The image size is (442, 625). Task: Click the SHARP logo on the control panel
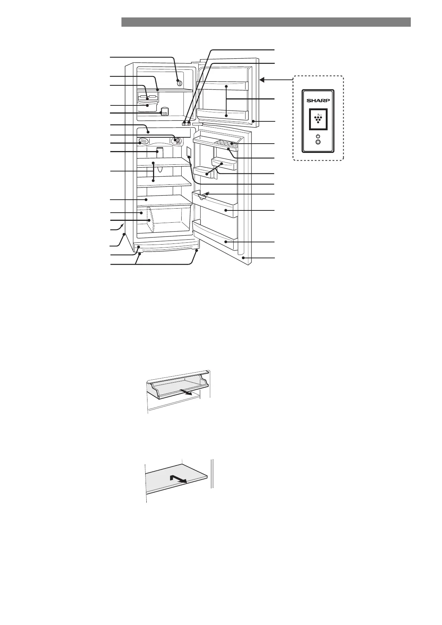(318, 100)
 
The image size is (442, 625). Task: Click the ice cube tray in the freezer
(148, 98)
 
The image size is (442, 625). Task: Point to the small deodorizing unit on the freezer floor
(165, 111)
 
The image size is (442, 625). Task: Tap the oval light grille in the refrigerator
(143, 141)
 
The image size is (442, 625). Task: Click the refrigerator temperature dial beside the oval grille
(177, 141)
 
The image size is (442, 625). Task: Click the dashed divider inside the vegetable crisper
(150, 220)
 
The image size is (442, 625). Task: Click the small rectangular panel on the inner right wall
(189, 152)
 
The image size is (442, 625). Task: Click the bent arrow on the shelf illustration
(177, 479)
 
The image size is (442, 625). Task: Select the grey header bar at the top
(266, 22)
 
